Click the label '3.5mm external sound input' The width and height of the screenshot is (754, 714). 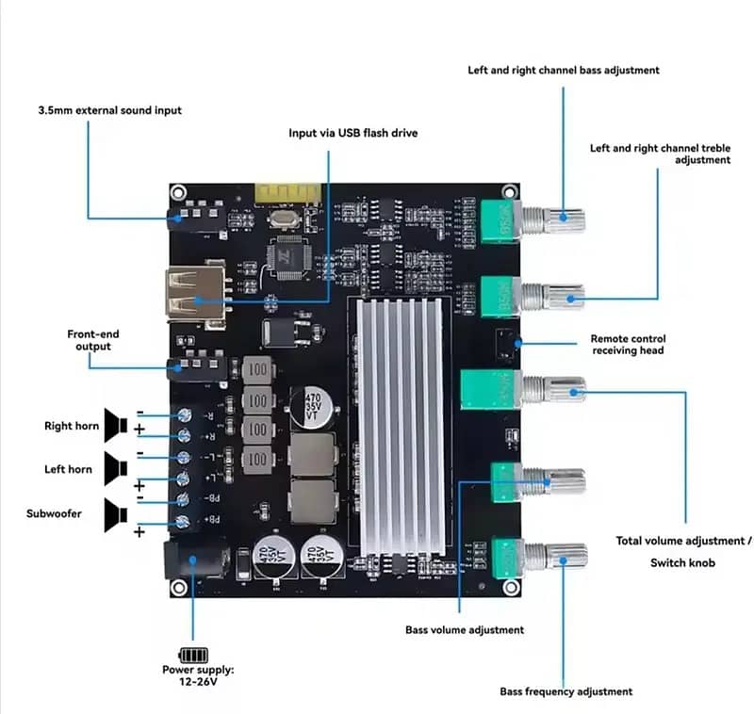110,110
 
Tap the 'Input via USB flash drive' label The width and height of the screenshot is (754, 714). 352,133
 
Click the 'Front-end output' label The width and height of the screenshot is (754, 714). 93,340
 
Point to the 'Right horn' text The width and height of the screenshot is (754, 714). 72,426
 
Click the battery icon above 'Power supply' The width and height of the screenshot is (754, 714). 194,655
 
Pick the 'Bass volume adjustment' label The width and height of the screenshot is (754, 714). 465,629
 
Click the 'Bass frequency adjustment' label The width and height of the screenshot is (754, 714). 565,691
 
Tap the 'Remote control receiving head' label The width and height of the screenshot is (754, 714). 628,345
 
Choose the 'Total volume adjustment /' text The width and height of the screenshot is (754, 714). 684,541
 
